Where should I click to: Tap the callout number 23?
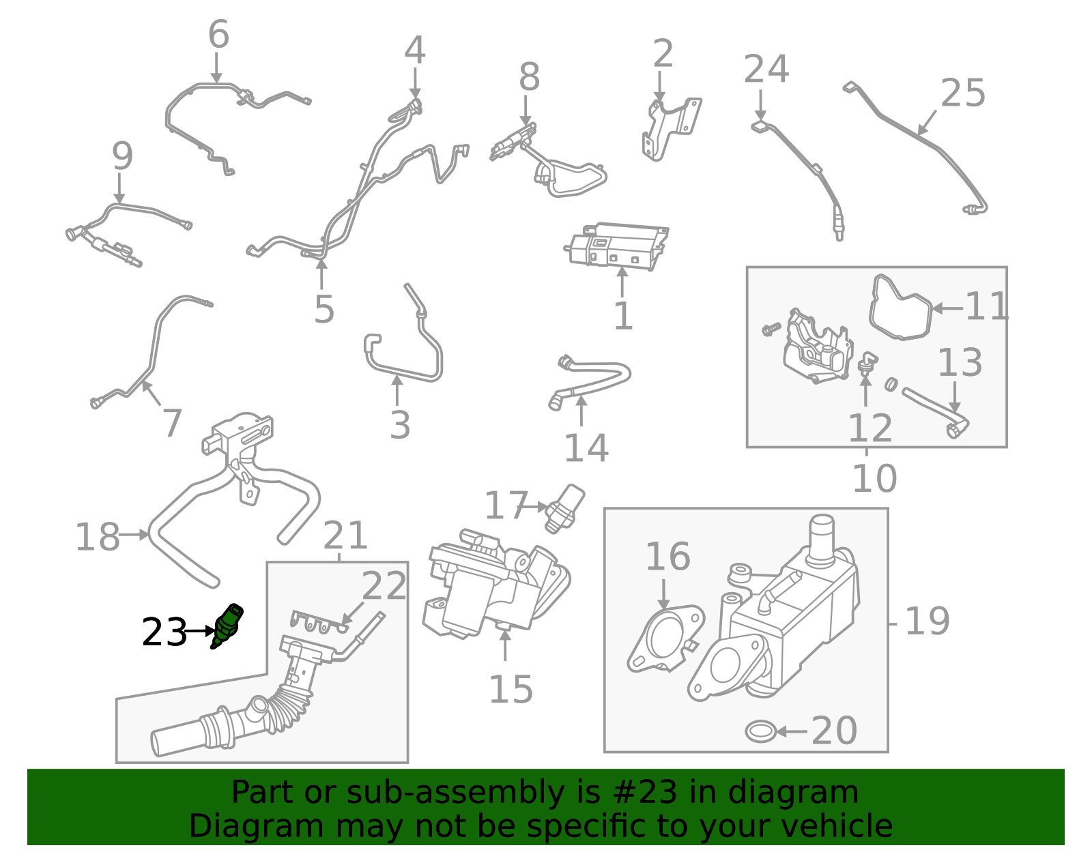(164, 632)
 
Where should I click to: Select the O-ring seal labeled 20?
(760, 731)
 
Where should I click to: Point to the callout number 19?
(927, 621)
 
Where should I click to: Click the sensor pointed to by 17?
(566, 508)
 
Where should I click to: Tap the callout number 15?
(511, 690)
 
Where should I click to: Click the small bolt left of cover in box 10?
(771, 329)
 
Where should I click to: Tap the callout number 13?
(960, 363)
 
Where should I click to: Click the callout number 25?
(963, 93)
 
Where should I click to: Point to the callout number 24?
(766, 70)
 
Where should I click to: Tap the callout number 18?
(97, 537)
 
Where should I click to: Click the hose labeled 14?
(592, 377)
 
